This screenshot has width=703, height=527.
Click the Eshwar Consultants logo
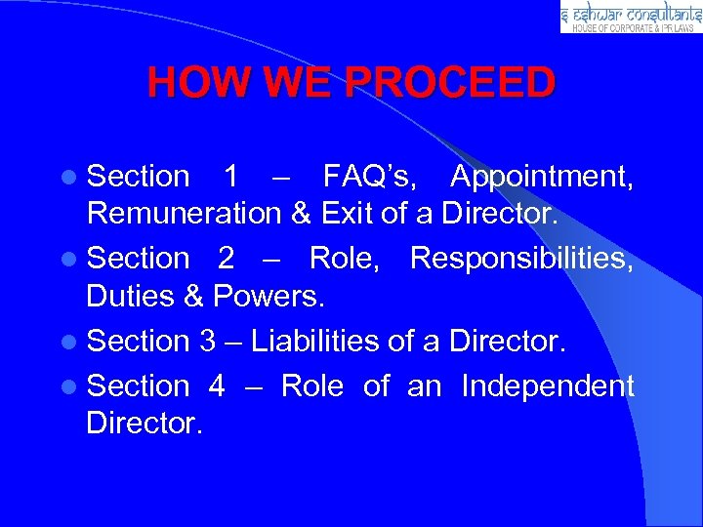coord(631,17)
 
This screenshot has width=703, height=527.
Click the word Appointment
coord(542,177)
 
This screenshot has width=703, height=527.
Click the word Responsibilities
coord(522,259)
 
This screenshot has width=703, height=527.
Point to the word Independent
coord(548,386)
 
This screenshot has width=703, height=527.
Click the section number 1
coord(231,177)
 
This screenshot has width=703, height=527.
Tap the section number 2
coord(227,259)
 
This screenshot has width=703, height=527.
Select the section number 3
coord(207,341)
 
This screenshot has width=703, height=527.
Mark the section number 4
coord(217,386)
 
